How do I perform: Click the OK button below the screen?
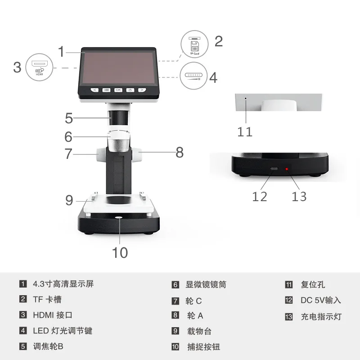coord(118,90)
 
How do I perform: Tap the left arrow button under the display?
coord(94,90)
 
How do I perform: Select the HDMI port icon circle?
coord(40,67)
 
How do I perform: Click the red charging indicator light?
coord(286,169)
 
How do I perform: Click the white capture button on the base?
coord(119,218)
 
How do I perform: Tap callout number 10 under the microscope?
coord(120,252)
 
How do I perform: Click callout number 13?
coord(299,196)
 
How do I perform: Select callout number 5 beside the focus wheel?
coord(69,118)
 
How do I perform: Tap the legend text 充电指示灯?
coord(321,316)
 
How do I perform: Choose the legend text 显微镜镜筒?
coord(206,284)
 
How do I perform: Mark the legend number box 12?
coord(289,300)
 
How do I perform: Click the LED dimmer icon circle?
coord(194,76)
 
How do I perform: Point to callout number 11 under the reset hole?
coord(245,131)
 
